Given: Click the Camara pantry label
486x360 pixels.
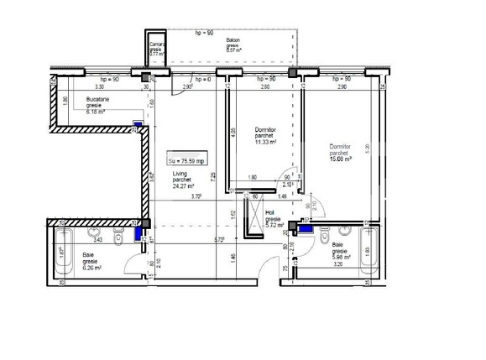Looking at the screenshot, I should click(x=156, y=49).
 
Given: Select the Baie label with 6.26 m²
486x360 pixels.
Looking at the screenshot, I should click(x=91, y=262).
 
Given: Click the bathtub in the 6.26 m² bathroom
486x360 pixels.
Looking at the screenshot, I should click(x=62, y=251).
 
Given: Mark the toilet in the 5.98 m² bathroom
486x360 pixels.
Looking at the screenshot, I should click(x=323, y=237).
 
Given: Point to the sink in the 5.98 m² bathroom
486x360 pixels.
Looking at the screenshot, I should click(x=344, y=229).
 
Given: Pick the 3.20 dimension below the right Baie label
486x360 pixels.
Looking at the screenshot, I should click(x=337, y=264).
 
